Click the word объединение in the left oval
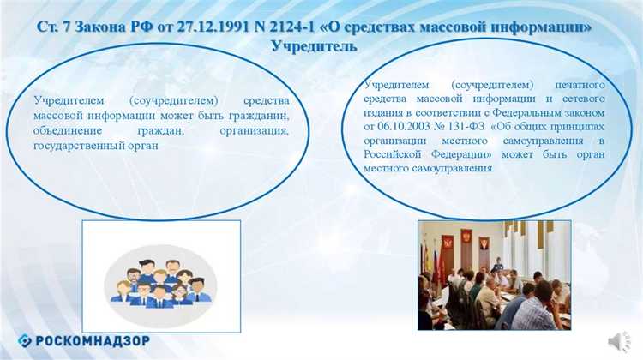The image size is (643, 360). [68, 132]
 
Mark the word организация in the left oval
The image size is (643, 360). [255, 132]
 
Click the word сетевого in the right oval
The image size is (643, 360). [582, 99]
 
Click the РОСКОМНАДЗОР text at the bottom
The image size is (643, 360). [99, 338]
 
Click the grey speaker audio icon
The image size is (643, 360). [619, 340]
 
